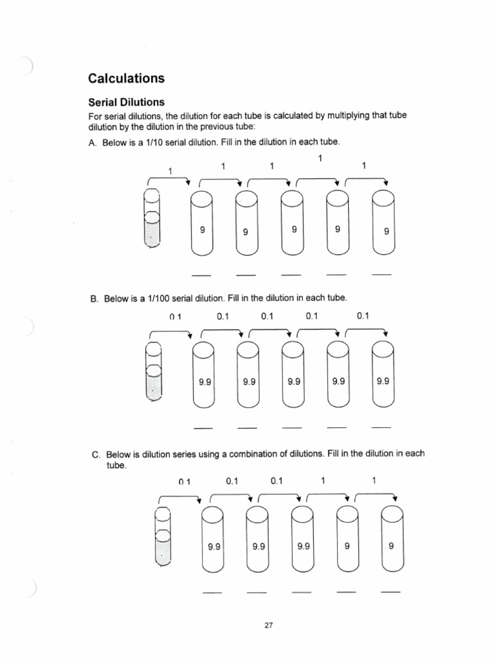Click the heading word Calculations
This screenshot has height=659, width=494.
[x=126, y=79]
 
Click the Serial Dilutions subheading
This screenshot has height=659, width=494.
[x=126, y=102]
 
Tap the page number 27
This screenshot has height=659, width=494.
[x=269, y=624]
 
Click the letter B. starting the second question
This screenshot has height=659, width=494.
[x=93, y=299]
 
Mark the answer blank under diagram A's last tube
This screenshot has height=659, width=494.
[x=381, y=275]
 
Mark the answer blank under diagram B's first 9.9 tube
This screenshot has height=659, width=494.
[x=203, y=429]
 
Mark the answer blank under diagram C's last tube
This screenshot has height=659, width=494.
[x=390, y=591]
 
